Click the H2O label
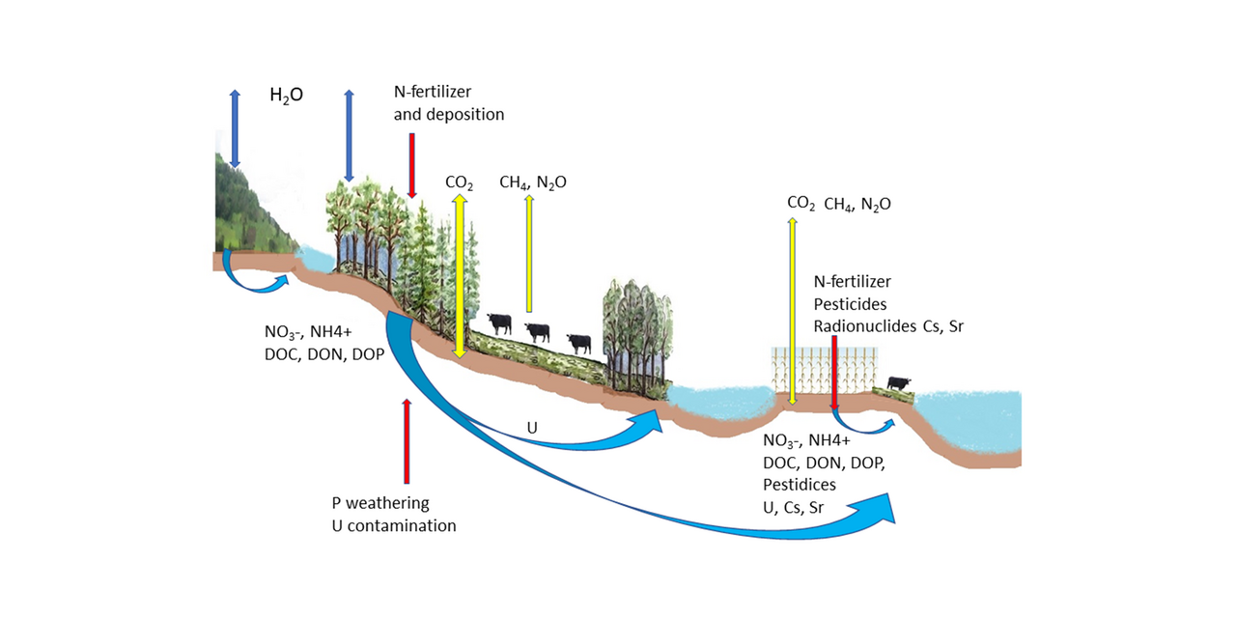286,98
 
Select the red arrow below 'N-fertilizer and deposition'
412,165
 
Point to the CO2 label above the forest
459,182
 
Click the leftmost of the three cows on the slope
499,323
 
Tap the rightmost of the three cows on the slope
577,343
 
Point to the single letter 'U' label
531,426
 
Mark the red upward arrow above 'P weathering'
407,440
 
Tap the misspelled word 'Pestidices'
800,484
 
